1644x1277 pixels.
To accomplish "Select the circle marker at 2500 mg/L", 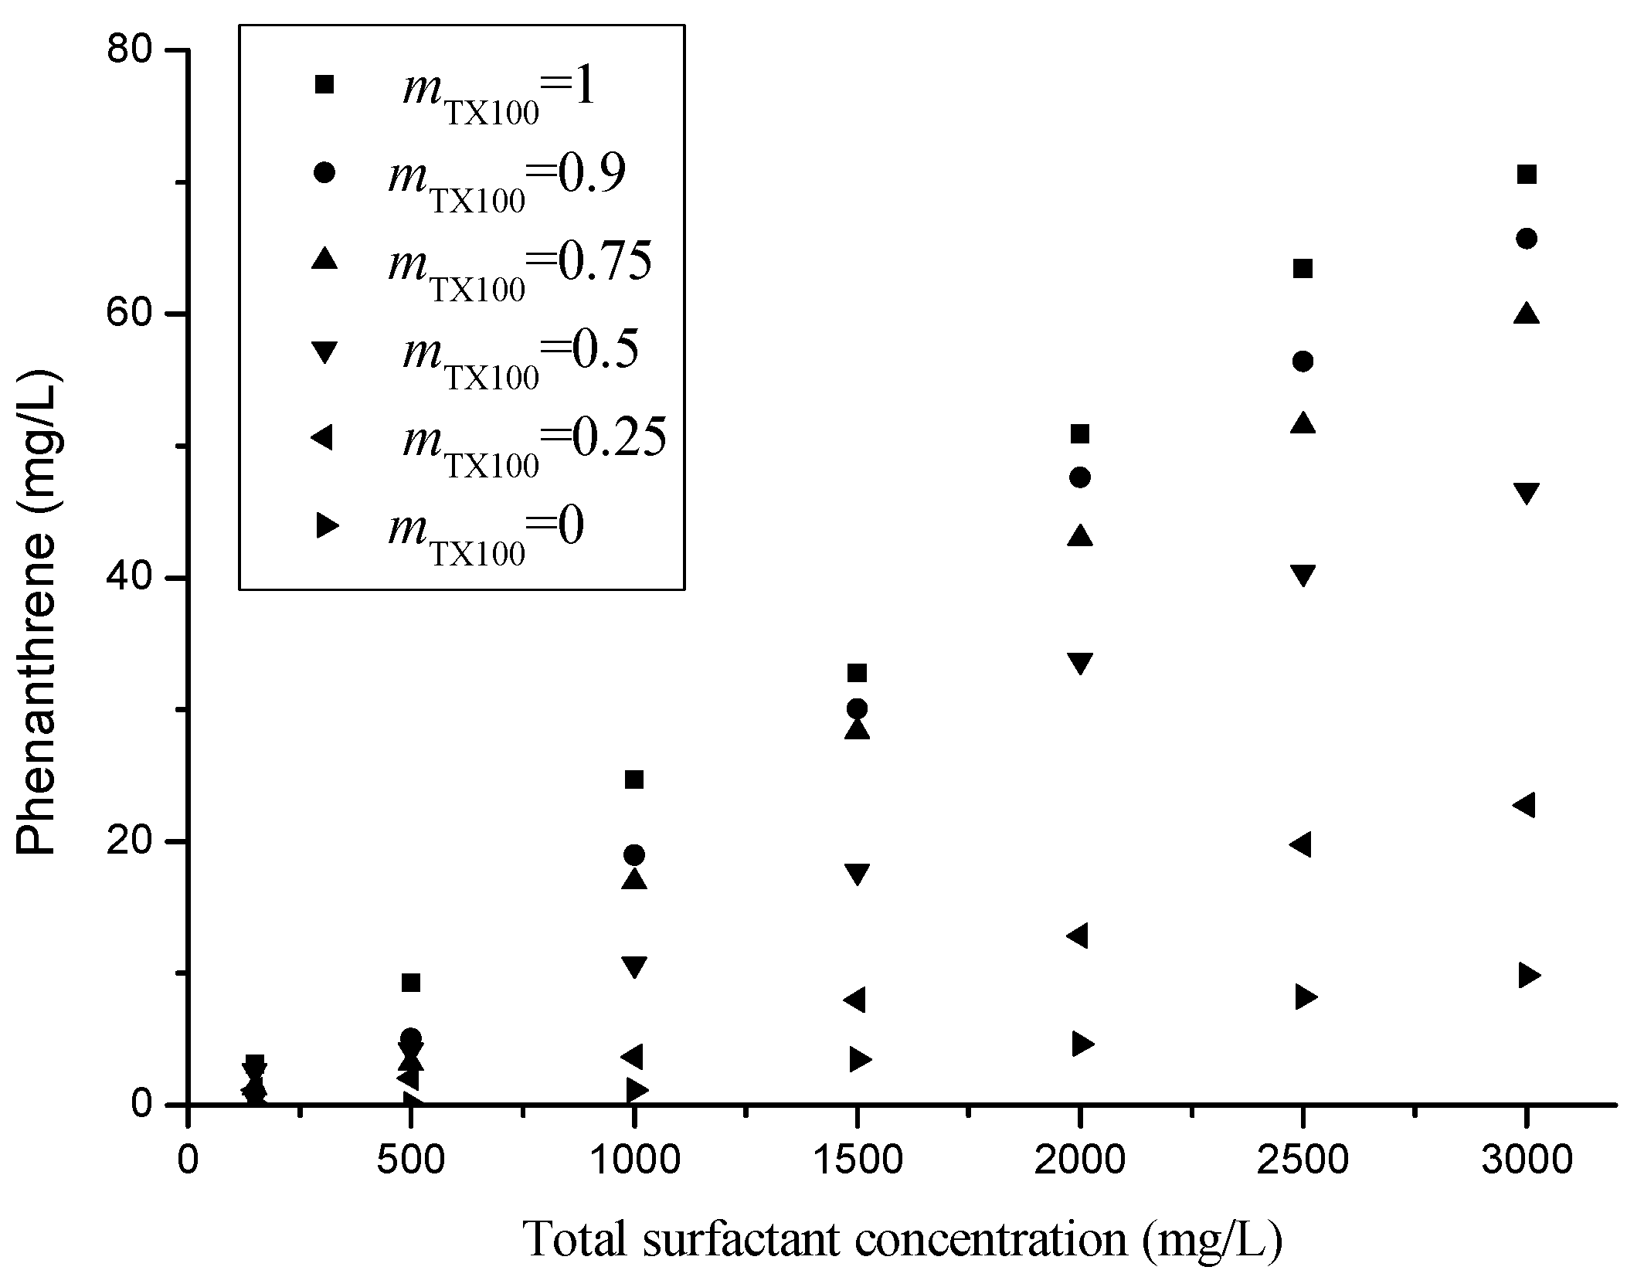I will (x=1303, y=362).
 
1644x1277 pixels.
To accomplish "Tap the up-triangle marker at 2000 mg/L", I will (x=1080, y=536).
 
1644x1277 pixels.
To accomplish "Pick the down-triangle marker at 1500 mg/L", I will (x=857, y=874).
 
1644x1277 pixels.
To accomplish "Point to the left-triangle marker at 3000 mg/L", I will (x=1523, y=805).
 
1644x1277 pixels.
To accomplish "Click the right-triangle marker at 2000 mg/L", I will (x=1083, y=1044).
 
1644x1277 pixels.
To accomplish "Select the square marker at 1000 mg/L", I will (x=634, y=780).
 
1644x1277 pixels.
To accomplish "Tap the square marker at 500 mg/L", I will (x=411, y=983).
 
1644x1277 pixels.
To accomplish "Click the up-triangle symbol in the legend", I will (x=324, y=260).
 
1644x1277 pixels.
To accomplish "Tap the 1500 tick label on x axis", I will (x=857, y=1161).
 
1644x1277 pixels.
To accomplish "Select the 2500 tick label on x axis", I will (x=1303, y=1161).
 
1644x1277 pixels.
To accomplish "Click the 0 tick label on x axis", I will (x=188, y=1161).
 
